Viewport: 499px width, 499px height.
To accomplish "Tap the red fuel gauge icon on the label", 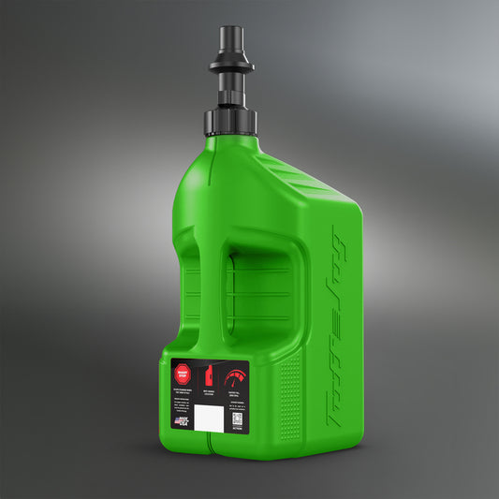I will coord(234,378).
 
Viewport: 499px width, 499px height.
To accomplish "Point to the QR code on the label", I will coord(237,419).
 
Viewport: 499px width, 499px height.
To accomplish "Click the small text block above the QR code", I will coord(237,406).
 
